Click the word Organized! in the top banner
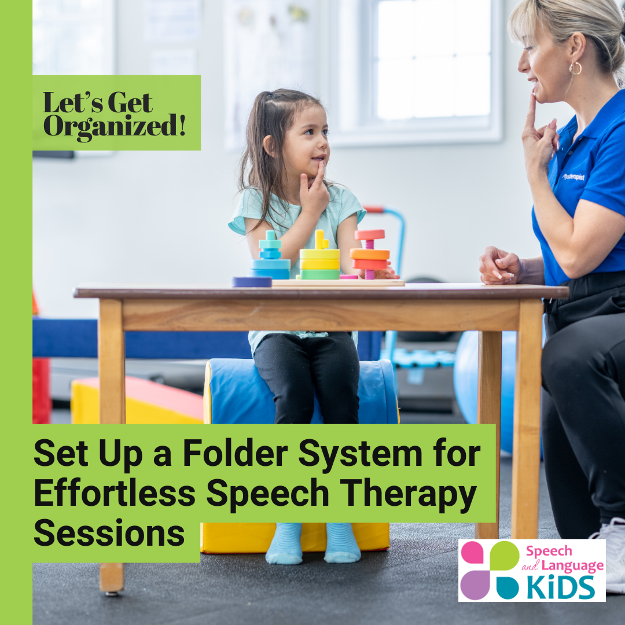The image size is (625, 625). tap(115, 127)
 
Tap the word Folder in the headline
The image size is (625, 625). tap(235, 453)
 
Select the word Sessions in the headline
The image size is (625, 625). tap(109, 532)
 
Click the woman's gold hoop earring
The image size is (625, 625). tap(575, 68)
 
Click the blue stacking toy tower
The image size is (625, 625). tap(270, 255)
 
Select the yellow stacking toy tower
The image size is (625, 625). tap(319, 255)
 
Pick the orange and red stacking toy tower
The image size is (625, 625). tap(370, 254)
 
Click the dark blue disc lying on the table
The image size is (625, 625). tap(252, 282)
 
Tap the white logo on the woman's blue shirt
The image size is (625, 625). tap(573, 177)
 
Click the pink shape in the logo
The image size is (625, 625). tap(472, 553)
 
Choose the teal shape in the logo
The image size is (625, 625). tap(508, 588)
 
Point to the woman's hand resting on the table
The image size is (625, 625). tap(501, 266)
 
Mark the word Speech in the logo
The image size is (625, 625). tap(549, 552)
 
